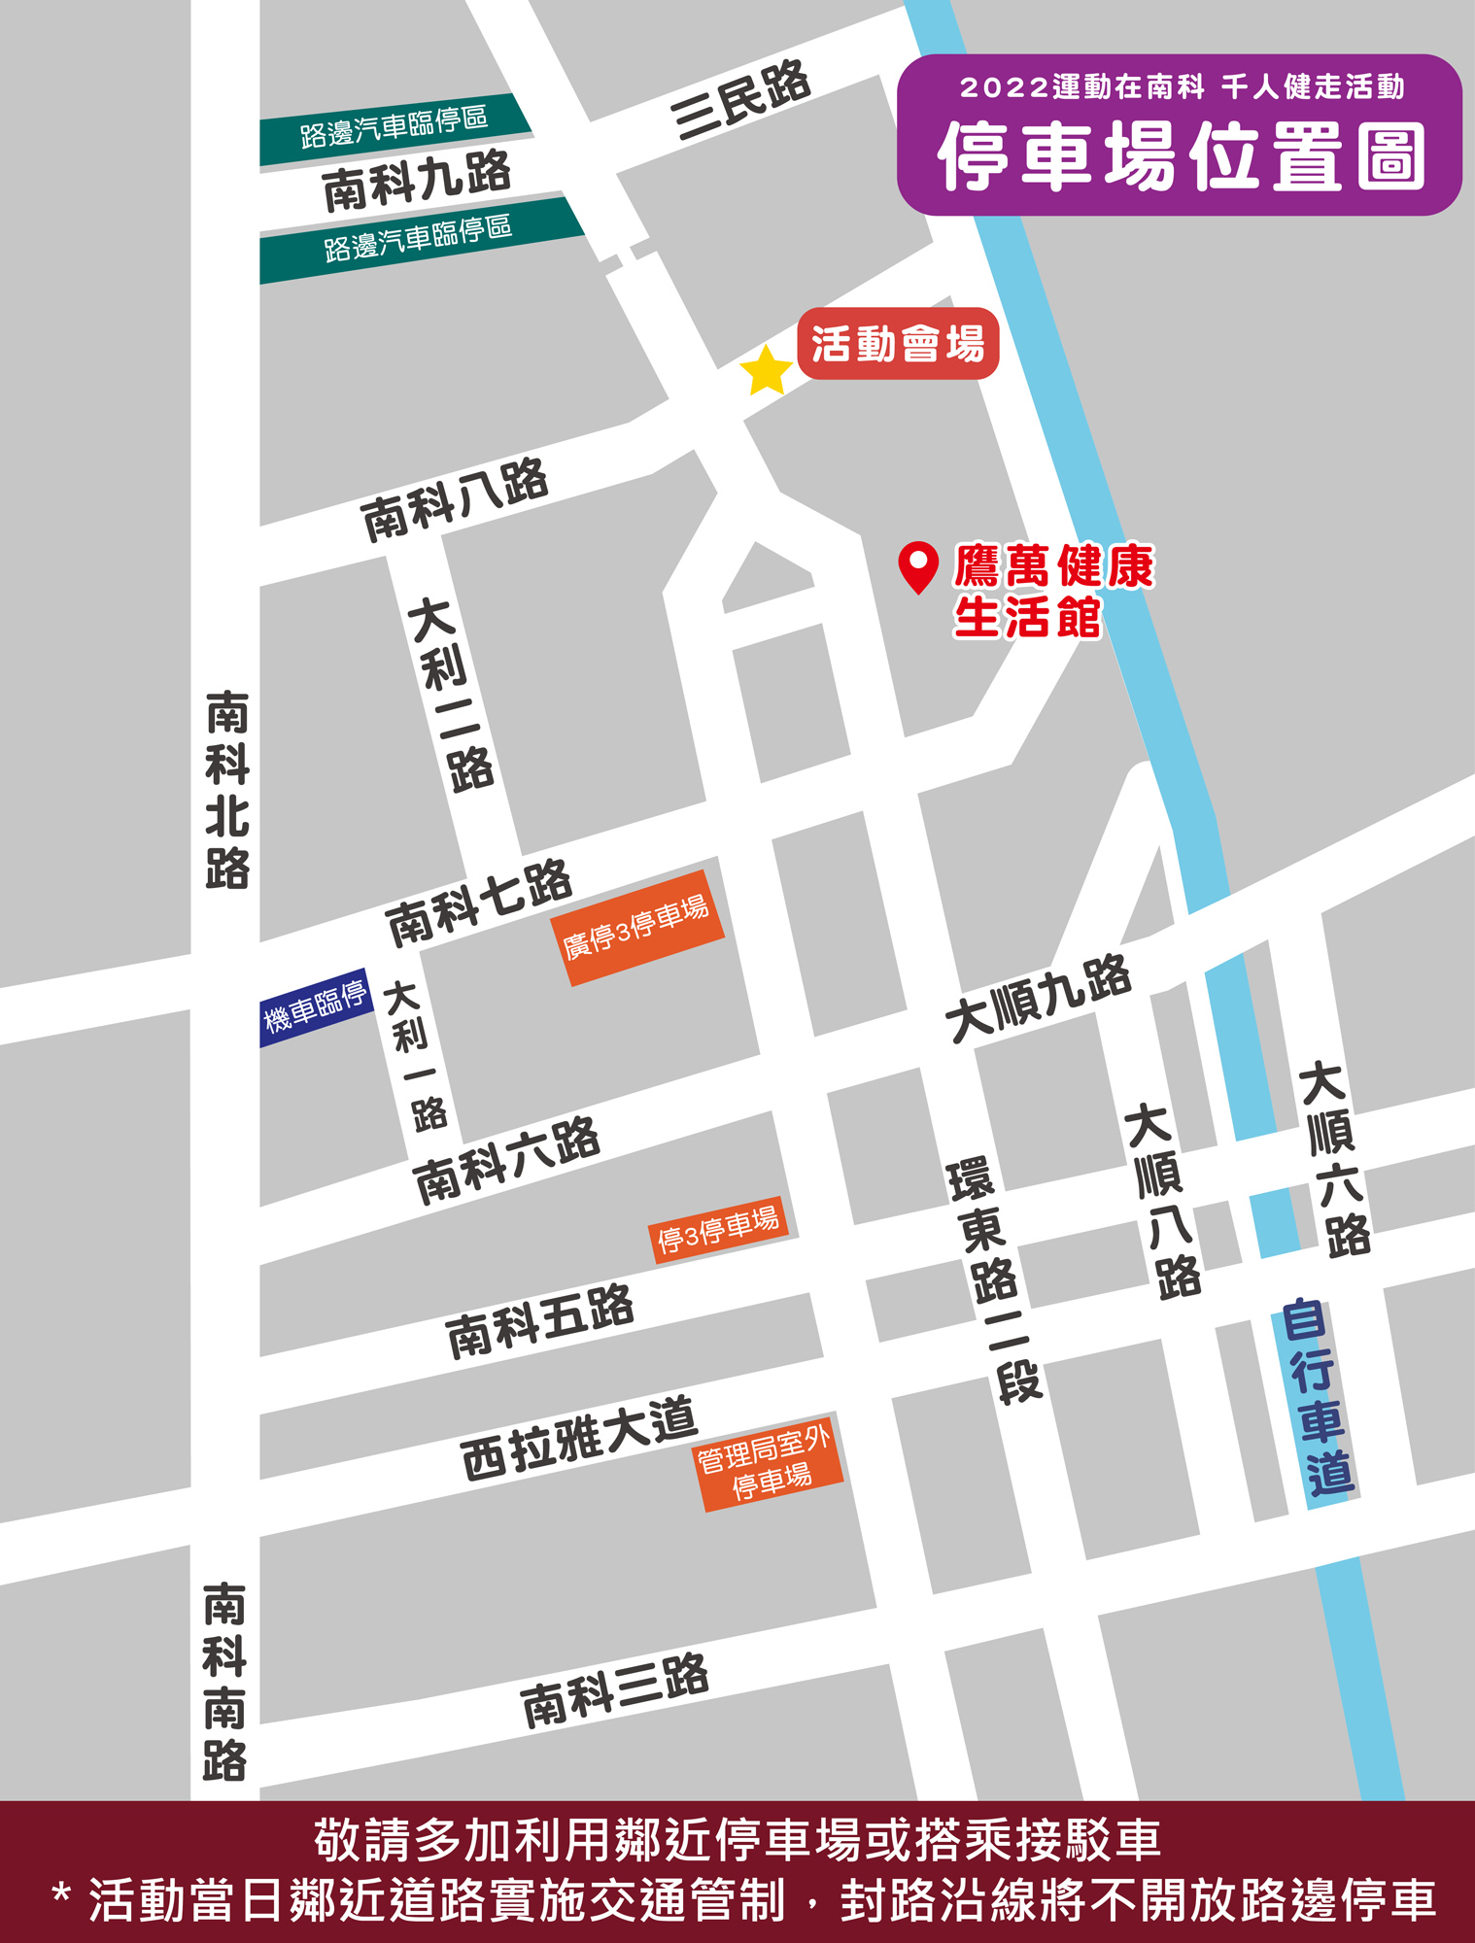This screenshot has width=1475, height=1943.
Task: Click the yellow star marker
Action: point(766,371)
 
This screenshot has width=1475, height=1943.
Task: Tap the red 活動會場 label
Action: point(898,344)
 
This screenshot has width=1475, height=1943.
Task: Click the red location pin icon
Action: point(917,565)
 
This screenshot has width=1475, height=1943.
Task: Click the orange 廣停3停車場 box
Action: point(637,928)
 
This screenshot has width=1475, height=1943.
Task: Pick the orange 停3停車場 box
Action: point(718,1230)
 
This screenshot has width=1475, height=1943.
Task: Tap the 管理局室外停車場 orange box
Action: point(770,1462)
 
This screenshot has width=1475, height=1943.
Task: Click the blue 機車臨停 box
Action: point(316,1007)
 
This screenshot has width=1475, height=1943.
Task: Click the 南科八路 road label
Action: point(455,499)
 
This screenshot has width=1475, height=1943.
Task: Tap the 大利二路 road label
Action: point(451,694)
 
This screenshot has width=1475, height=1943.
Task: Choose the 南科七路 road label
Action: point(479,903)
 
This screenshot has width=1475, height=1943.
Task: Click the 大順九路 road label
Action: point(1039,999)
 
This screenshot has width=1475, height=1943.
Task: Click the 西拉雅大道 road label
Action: point(579,1438)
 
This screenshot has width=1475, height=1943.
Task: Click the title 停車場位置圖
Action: point(1181,155)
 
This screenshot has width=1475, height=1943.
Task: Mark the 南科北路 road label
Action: point(227,789)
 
